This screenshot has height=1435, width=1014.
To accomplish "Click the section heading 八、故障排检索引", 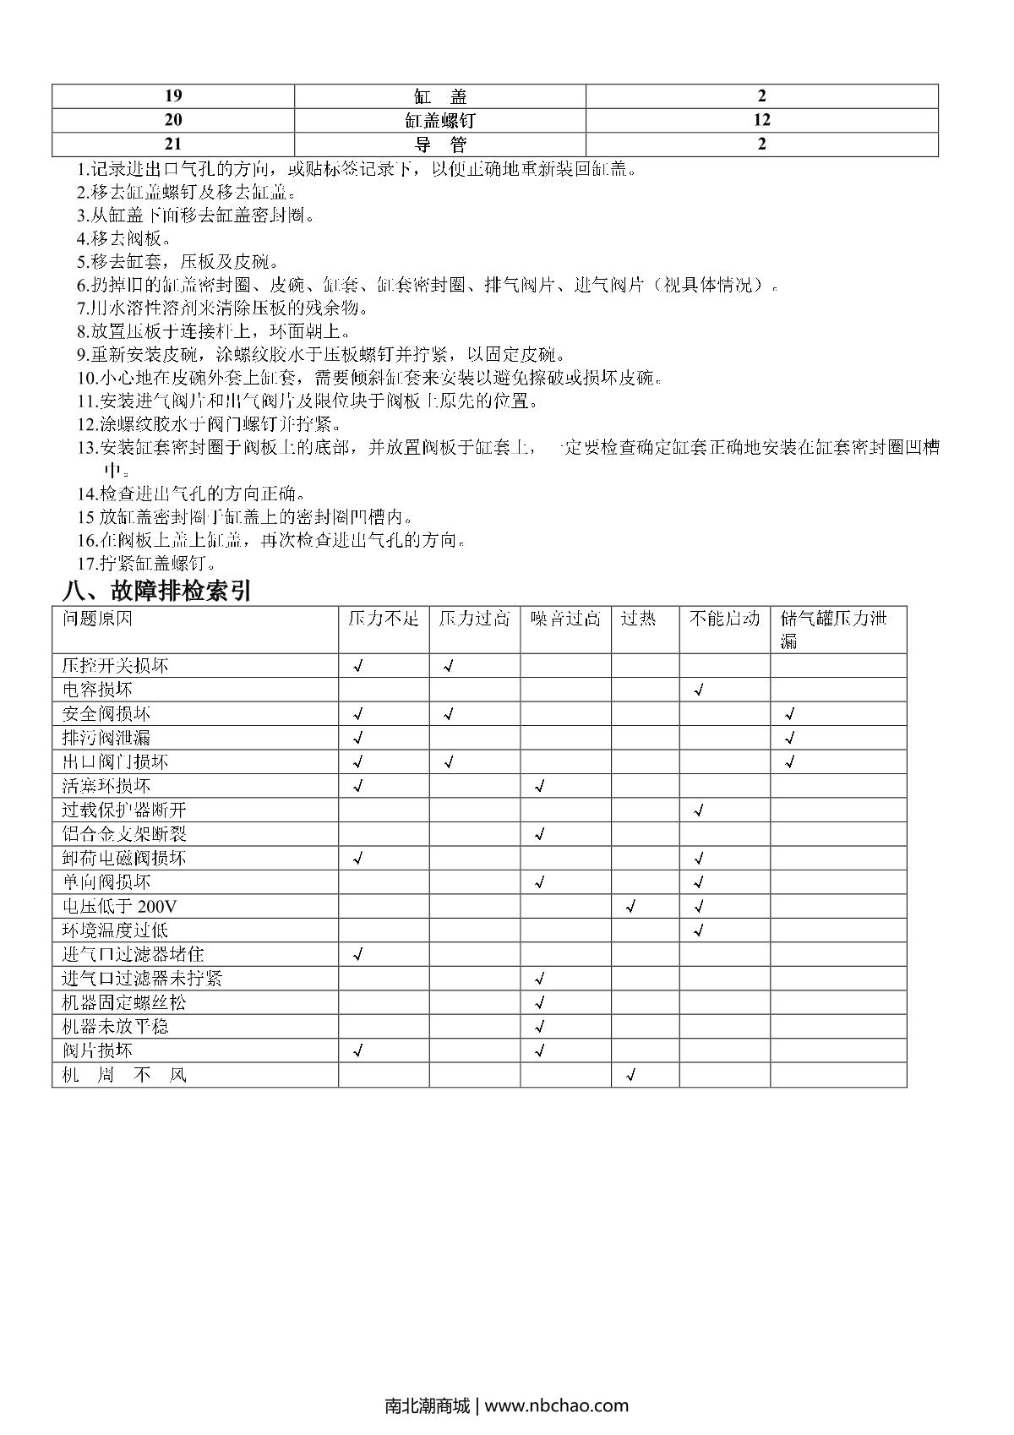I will [158, 591].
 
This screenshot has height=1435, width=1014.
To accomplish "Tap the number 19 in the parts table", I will [172, 95].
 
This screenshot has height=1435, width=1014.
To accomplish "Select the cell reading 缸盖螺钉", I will [439, 120].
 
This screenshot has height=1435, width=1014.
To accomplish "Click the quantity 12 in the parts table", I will [761, 120].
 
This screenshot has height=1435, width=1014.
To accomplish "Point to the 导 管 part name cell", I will [439, 145].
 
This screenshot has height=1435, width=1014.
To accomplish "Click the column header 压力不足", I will [383, 619].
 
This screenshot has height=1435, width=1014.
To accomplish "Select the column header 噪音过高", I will [565, 619].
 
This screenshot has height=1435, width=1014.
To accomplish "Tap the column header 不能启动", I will [724, 619].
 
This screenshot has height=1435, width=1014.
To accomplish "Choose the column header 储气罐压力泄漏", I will [833, 629].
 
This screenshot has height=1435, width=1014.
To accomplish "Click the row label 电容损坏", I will [97, 690].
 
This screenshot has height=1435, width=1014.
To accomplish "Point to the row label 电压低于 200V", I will [119, 907].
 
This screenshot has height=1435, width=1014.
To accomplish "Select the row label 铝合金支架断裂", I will [124, 834].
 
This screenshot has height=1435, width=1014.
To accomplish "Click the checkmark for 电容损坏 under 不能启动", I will [699, 690].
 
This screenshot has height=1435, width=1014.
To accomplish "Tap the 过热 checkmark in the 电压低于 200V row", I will [630, 908].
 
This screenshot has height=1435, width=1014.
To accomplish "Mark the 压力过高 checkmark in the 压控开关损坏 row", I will [449, 666].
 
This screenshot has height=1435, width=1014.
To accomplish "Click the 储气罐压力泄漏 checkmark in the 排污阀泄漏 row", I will [790, 739].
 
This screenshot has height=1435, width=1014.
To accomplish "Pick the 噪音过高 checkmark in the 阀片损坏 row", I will [540, 1051].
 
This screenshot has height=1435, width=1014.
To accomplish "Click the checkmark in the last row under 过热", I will [630, 1076].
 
